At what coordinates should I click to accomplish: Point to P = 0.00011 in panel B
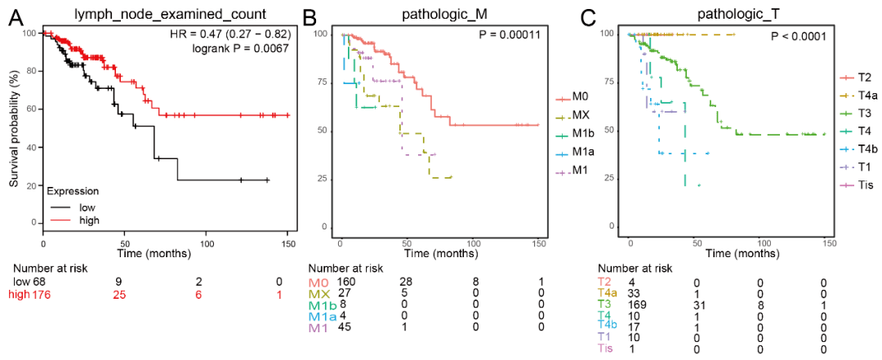[x=509, y=37]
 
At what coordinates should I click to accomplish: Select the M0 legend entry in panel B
[x=581, y=98]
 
